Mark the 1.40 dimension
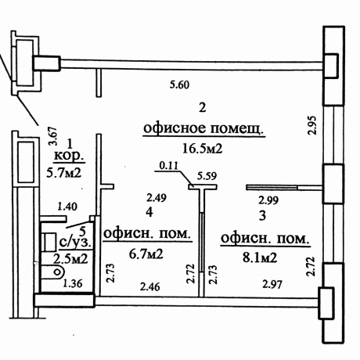click(x=68, y=207)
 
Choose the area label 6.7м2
click(x=146, y=254)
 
